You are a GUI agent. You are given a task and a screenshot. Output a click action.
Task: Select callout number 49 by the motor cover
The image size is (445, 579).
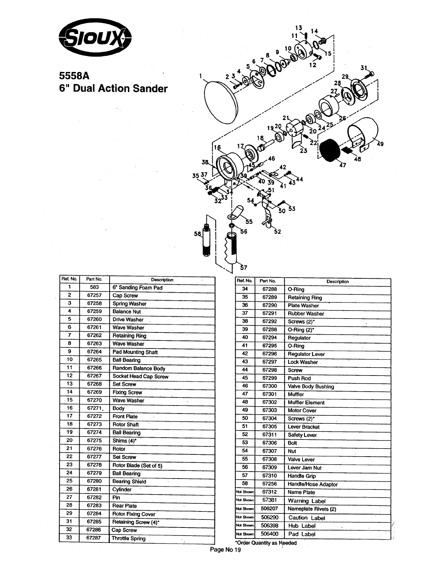(380, 144)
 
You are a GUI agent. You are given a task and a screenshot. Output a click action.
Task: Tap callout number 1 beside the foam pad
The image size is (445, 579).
(201, 76)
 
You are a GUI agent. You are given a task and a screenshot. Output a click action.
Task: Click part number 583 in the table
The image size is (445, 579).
(94, 287)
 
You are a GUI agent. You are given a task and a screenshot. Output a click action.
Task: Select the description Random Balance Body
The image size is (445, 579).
(139, 368)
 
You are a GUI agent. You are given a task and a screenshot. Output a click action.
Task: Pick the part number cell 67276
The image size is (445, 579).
(94, 449)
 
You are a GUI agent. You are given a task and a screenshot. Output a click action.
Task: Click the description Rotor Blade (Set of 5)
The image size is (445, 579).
(137, 465)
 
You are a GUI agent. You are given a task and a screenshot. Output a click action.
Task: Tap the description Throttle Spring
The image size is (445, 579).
(129, 538)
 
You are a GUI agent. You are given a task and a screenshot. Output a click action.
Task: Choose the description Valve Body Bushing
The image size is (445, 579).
(311, 386)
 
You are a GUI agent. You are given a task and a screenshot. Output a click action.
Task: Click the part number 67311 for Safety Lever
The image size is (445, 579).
(270, 435)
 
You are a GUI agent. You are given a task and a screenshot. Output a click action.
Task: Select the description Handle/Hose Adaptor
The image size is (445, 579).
(312, 484)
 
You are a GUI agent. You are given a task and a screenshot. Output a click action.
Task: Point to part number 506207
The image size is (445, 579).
(269, 508)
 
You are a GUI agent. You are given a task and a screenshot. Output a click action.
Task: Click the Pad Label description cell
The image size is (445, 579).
(302, 534)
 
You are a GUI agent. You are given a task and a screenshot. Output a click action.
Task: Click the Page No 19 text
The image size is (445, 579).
(225, 551)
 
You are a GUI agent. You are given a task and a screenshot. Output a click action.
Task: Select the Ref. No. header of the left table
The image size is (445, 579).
(69, 279)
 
